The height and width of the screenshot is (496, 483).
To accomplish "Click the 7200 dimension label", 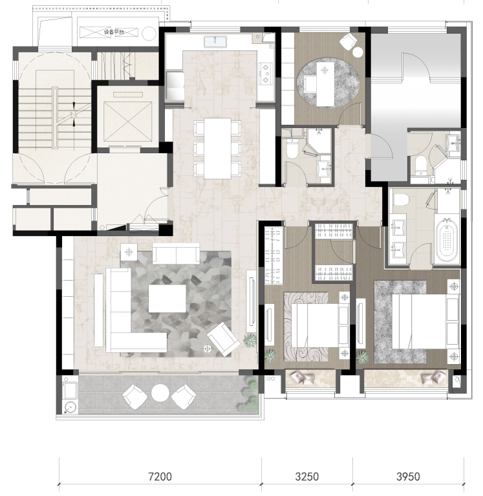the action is [x=160, y=477].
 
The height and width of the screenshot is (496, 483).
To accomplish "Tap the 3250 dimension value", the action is [x=307, y=477].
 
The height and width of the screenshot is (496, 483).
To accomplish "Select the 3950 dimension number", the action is [x=408, y=477].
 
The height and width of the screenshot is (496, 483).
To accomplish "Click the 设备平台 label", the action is [x=114, y=32].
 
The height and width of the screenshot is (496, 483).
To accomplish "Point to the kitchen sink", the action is [x=215, y=41].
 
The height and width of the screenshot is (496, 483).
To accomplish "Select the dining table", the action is [x=217, y=148].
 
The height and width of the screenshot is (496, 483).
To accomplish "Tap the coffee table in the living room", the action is [x=167, y=298].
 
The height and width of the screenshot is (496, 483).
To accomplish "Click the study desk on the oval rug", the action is [x=325, y=84].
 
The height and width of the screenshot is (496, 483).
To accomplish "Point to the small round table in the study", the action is [x=358, y=52].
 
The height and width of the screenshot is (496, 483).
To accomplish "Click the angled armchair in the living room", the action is [x=223, y=339].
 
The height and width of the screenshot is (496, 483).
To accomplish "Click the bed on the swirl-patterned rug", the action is [x=320, y=325].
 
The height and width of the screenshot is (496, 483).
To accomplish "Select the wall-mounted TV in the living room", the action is [x=252, y=301].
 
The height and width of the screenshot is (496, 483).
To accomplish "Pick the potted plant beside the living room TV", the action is [x=250, y=341].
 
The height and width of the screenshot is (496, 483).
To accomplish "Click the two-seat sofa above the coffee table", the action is [x=176, y=253].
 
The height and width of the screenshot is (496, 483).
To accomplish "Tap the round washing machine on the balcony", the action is [x=70, y=407].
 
